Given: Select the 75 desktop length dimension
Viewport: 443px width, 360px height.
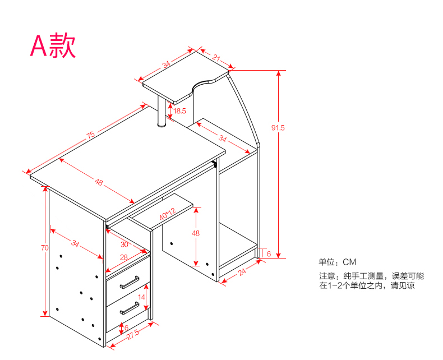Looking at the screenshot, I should tap(90, 135).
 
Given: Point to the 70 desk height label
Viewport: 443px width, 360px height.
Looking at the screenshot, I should tap(45, 247).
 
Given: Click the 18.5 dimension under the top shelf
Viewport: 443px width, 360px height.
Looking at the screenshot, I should tap(179, 111).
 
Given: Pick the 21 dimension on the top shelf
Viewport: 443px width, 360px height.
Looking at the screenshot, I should tap(216, 57).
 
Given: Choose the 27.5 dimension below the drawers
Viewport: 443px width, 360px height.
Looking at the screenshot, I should tap(133, 335).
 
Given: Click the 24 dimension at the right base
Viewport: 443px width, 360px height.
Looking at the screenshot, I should tap(243, 273).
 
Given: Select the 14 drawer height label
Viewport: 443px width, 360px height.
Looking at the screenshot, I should tap(142, 297).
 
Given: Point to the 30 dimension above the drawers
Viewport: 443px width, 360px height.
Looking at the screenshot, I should tap(124, 244).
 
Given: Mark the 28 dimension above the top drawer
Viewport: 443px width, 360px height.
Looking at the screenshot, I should tap(124, 257).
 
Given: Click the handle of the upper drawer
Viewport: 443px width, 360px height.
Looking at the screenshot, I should tap(130, 282).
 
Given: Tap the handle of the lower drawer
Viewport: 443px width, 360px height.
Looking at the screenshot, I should tap(130, 308).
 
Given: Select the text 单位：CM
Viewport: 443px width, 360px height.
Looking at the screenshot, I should tap(338, 262).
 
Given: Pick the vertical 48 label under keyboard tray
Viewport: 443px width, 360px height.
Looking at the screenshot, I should tap(196, 233).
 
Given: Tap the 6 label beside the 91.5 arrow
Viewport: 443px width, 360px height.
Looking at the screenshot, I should tap(269, 254).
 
